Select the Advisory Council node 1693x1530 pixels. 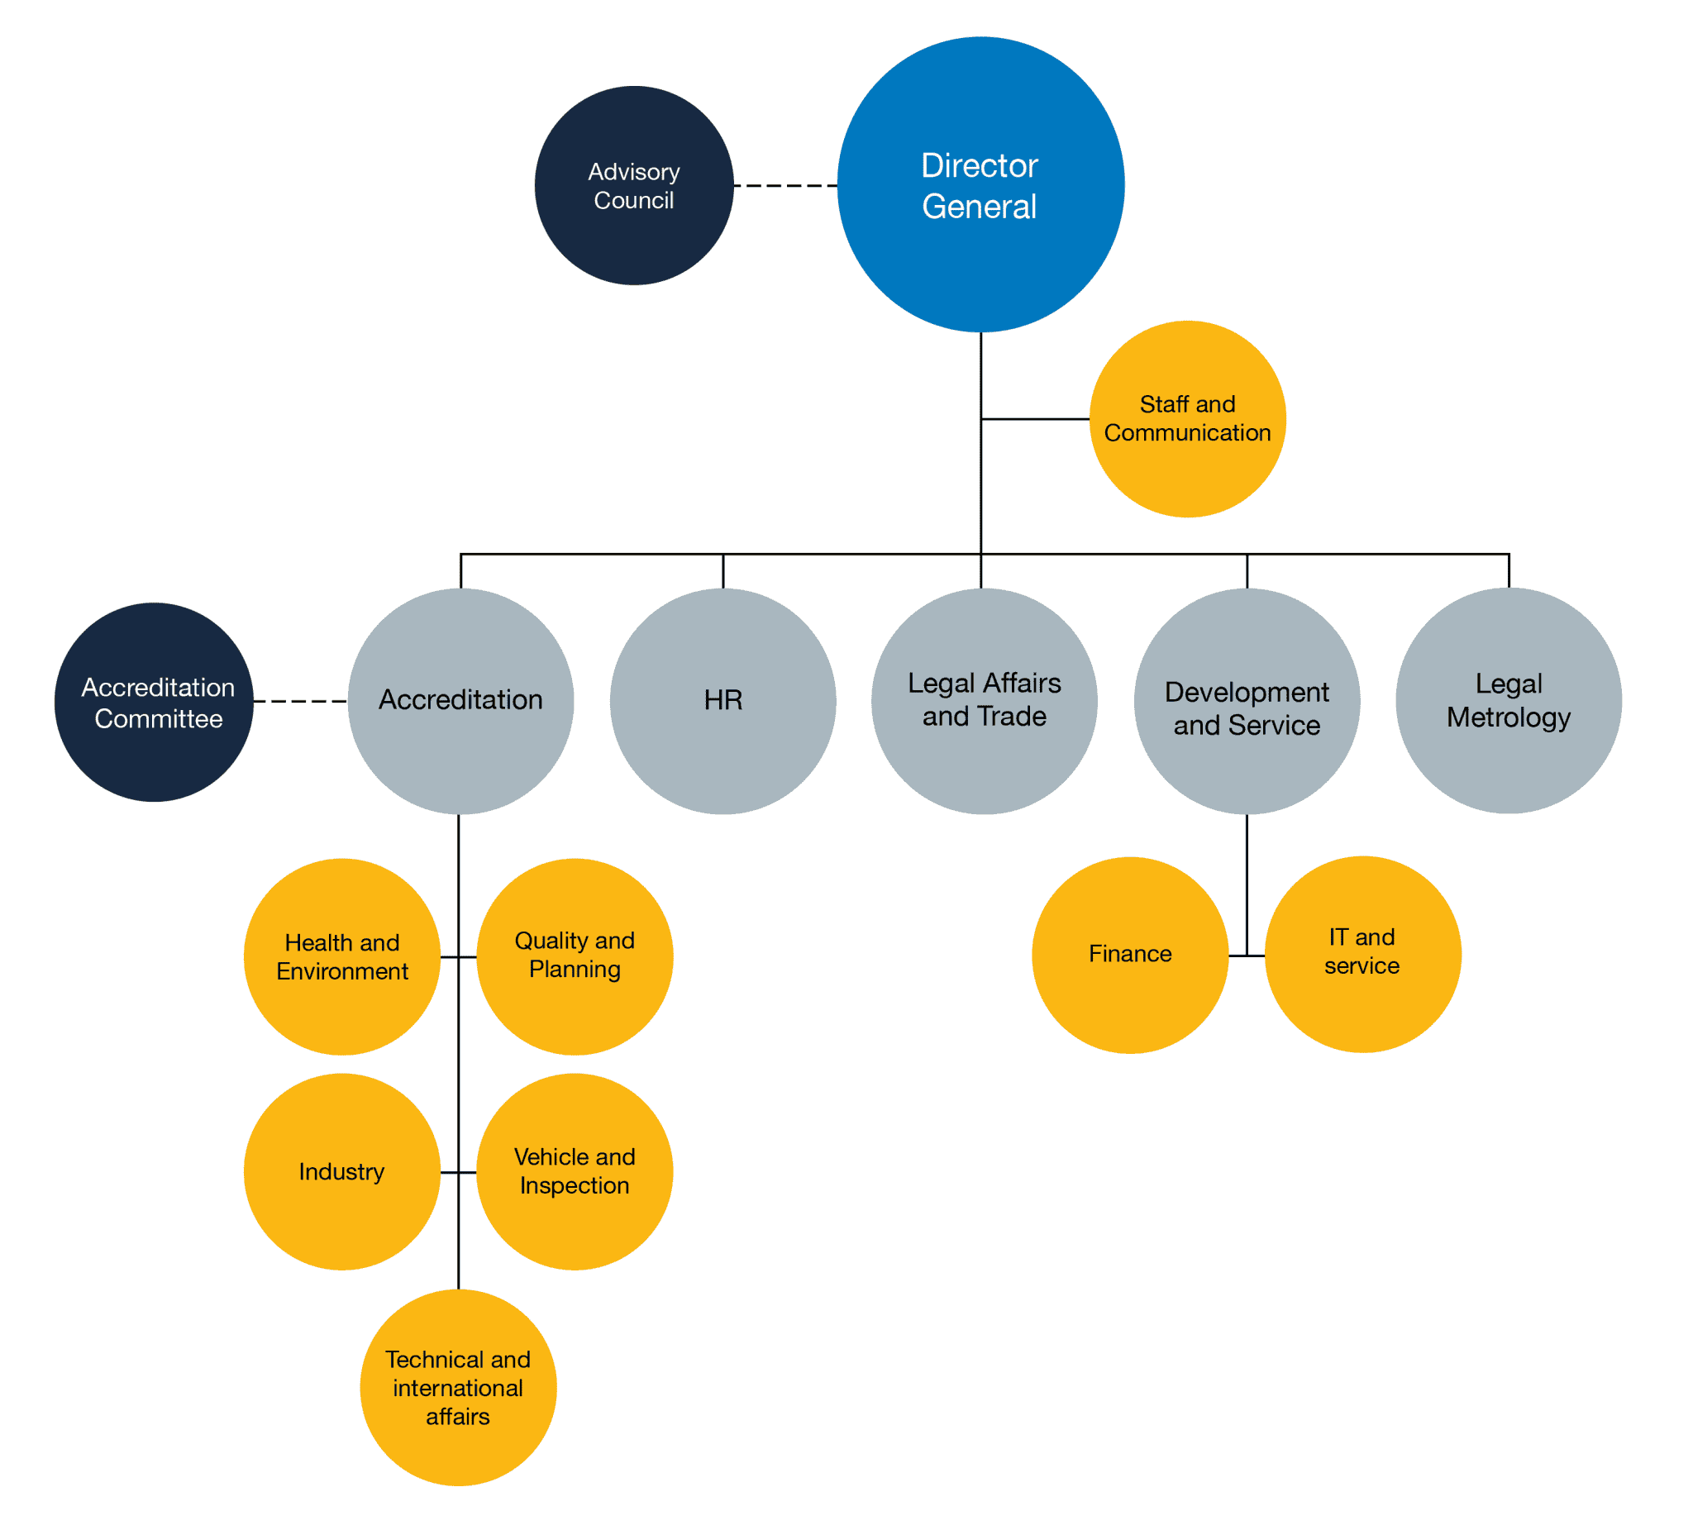pos(634,186)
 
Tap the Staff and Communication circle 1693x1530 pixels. pos(1186,419)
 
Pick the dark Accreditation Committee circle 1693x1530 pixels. pos(155,702)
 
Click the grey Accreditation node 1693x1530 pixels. pos(460,701)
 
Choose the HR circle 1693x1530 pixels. pos(723,701)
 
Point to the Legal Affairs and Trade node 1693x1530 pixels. pos(985,701)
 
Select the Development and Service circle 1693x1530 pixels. pos(1247,701)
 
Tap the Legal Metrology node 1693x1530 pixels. pos(1509,701)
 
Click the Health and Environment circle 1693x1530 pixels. pos(341,956)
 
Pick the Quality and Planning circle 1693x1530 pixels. pos(575,956)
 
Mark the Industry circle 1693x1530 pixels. pos(341,1171)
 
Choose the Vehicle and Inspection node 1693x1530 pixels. pos(575,1171)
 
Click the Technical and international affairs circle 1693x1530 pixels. pos(458,1387)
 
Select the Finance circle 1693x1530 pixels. pos(1129,955)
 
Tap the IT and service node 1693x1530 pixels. pos(1362,954)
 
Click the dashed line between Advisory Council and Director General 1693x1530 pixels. pos(785,186)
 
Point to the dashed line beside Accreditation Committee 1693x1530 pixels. pos(300,701)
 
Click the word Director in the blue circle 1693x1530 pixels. pos(980,166)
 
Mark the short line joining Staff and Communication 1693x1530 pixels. pos(1035,419)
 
